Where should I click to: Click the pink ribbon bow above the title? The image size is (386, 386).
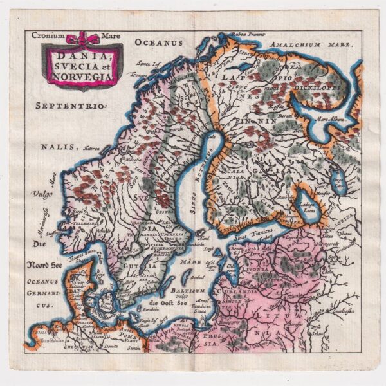pos(83,39)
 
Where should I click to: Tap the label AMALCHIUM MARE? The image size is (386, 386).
pos(311,44)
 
